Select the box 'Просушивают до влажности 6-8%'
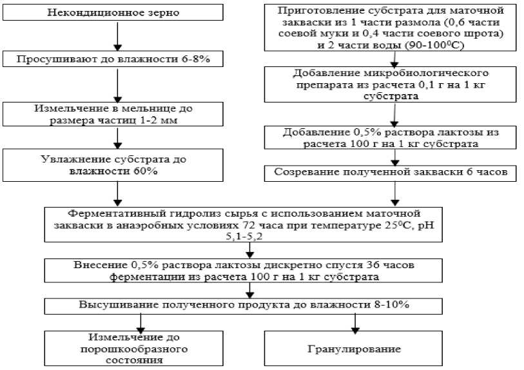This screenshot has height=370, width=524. [x=116, y=59]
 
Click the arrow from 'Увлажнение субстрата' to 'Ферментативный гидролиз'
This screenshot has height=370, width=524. [x=117, y=193]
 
